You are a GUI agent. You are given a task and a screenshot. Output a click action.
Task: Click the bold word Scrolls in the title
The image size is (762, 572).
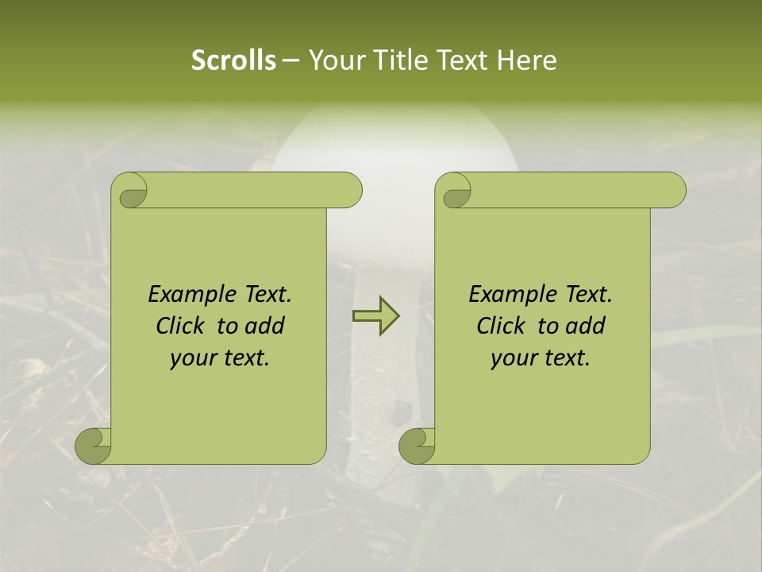point(234,60)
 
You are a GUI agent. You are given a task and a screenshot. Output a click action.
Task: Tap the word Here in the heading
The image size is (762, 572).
point(526,60)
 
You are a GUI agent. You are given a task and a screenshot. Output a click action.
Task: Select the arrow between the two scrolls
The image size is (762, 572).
point(375,315)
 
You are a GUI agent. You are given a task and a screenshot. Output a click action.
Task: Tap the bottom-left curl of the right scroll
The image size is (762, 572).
point(418,445)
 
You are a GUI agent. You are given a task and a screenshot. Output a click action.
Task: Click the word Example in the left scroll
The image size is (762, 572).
point(190,295)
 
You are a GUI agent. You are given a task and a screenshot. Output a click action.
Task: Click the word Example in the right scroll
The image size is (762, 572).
point(510,295)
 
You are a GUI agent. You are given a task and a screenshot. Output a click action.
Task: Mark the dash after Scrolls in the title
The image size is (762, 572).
point(291,60)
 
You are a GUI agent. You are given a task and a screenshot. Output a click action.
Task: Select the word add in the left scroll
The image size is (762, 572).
point(265,326)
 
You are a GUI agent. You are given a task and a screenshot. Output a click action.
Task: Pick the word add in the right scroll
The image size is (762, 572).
point(586,326)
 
